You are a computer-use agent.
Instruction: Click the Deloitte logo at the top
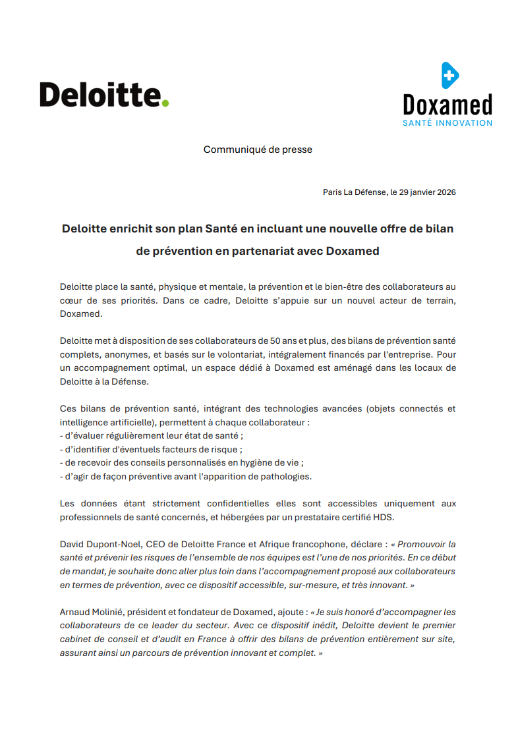coord(103,94)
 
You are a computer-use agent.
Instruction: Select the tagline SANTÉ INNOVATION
coord(447,122)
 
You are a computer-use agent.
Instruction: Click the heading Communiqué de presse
coord(258,149)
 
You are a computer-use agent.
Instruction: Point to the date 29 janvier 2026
coord(428,192)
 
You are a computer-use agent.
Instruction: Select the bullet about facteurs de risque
coord(151,449)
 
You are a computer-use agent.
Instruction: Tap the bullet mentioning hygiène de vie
coord(181,462)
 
